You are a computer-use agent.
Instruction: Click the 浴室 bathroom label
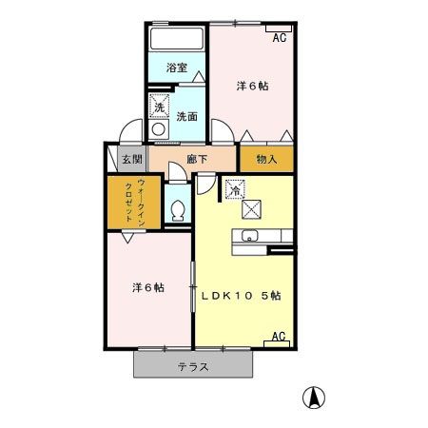point(176,68)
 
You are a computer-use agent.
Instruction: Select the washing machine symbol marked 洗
point(160,107)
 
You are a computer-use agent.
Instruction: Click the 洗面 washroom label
point(186,117)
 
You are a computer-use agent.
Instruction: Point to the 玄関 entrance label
point(126,159)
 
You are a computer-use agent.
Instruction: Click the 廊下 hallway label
point(196,159)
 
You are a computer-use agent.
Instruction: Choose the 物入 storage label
point(266,159)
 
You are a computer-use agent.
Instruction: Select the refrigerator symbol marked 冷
point(233,187)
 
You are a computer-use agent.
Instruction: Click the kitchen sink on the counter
point(251,237)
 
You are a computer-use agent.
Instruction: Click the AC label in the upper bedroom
point(279,37)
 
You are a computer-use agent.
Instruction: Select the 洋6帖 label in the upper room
point(251,86)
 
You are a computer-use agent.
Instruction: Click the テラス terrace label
point(193,367)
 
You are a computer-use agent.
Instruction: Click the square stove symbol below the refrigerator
point(252,207)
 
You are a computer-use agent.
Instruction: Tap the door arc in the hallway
point(176,171)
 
